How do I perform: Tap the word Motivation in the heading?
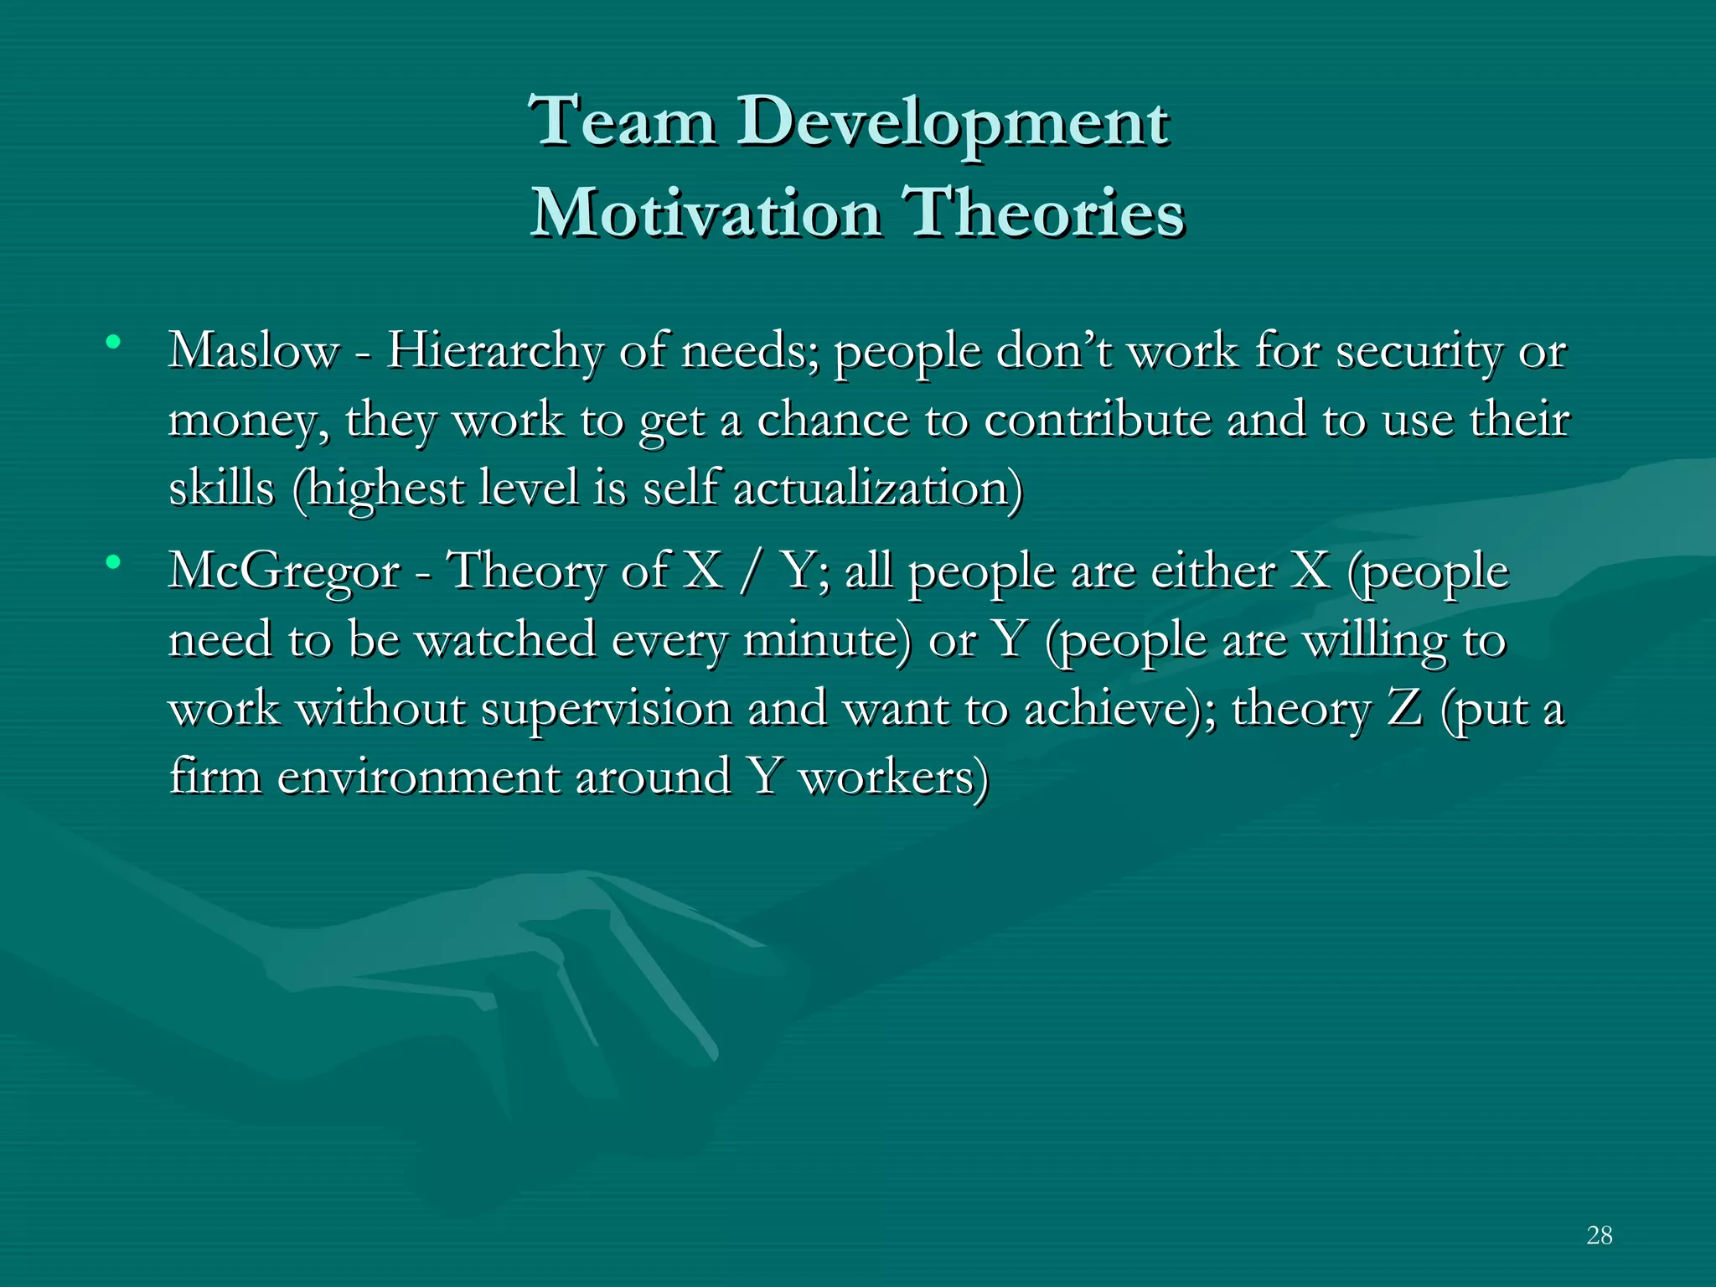[x=706, y=213]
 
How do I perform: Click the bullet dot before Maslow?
[x=113, y=342]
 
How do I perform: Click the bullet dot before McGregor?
[x=113, y=561]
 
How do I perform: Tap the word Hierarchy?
[x=494, y=352]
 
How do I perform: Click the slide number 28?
[x=1599, y=1235]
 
